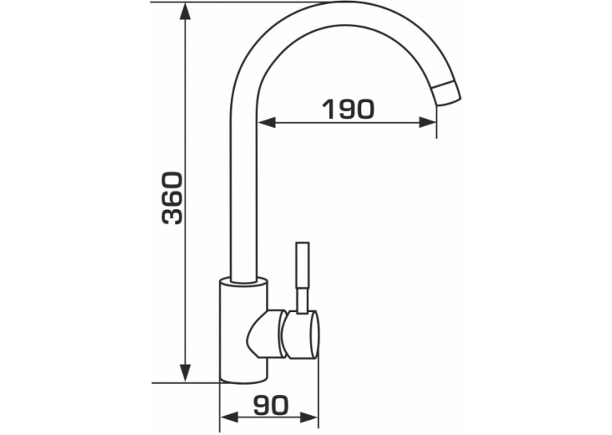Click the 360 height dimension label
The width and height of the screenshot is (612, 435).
(x=172, y=198)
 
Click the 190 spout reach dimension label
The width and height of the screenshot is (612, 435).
(x=348, y=109)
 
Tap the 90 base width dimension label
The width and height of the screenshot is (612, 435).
(x=271, y=405)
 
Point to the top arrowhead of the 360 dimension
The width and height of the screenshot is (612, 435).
(x=185, y=12)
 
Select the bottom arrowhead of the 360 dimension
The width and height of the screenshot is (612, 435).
(x=185, y=373)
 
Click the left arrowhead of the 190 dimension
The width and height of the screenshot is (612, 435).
(x=267, y=122)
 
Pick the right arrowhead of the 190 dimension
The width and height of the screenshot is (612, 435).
(x=427, y=122)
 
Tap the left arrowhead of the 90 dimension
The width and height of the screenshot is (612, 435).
(x=229, y=417)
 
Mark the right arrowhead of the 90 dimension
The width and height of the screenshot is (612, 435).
(x=309, y=417)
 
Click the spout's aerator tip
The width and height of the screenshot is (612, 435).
(x=447, y=93)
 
